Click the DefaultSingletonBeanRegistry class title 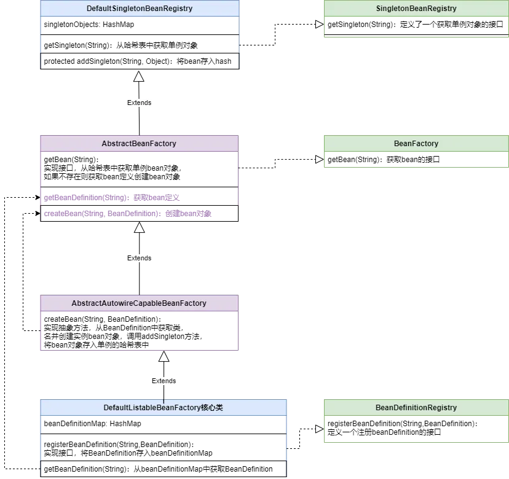[x=140, y=9]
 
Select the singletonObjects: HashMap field [x=89, y=25]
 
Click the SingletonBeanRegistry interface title [x=416, y=9]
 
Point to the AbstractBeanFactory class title [x=139, y=143]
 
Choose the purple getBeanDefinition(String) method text [x=112, y=198]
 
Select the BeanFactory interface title [x=416, y=143]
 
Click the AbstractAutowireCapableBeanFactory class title [x=139, y=303]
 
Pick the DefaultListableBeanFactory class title [x=164, y=408]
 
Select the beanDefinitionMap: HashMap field [x=92, y=424]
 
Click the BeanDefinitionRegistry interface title [x=416, y=408]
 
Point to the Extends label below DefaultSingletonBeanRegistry [x=140, y=103]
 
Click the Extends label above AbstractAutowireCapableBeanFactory [x=140, y=258]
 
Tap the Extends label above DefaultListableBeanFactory [x=164, y=381]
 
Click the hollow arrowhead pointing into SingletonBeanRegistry [x=320, y=25]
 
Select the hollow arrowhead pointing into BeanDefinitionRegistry [x=320, y=429]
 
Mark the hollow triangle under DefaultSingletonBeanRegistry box [x=138, y=76]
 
